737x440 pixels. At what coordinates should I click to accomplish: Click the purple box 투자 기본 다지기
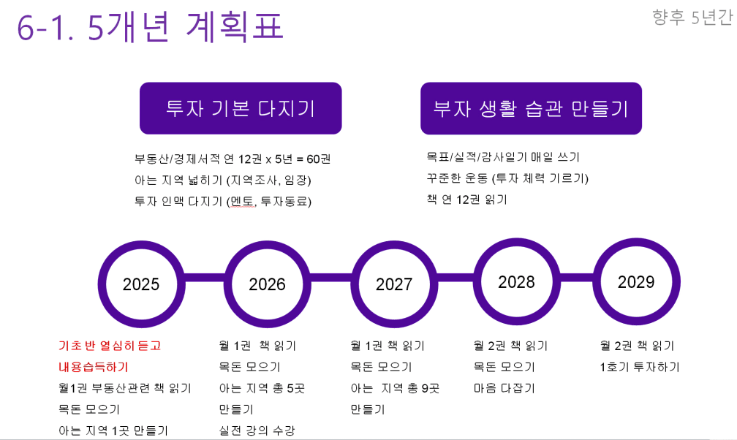[241, 108]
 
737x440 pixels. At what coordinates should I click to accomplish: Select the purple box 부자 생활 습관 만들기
[531, 108]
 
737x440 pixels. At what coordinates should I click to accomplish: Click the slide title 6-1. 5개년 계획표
[150, 26]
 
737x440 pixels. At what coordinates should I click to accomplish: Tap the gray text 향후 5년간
[692, 18]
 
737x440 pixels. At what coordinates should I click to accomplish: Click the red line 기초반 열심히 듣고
[110, 346]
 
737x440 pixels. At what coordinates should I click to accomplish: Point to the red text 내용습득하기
[94, 367]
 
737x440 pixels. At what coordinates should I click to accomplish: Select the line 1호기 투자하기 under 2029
[640, 367]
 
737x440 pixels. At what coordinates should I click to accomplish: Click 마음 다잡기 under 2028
[504, 388]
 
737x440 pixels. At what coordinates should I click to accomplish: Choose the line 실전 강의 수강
[257, 430]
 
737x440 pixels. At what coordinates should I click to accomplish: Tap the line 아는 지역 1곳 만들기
[113, 430]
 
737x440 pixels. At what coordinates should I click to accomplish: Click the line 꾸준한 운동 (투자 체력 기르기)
[507, 178]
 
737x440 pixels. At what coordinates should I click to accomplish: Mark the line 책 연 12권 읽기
[466, 200]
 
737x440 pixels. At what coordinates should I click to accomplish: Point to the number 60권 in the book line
[319, 159]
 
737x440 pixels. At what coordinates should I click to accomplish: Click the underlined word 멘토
[243, 202]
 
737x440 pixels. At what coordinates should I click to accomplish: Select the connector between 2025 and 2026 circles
[205, 277]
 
